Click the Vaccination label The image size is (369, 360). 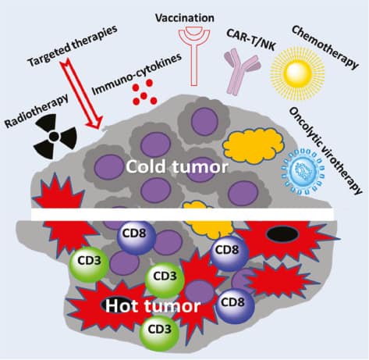(185, 18)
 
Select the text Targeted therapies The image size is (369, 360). (73, 45)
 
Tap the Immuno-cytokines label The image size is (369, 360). (137, 74)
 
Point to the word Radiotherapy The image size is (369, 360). (37, 111)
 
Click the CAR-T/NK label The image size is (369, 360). (251, 40)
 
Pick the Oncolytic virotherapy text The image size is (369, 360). (326, 151)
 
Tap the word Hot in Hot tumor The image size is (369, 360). (122, 306)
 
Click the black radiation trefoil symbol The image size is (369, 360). (55, 136)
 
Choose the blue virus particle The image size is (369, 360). (303, 171)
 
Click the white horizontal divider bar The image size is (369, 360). (182, 214)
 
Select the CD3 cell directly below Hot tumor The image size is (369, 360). (159, 330)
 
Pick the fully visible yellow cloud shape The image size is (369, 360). (254, 146)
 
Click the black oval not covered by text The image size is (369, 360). (282, 233)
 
